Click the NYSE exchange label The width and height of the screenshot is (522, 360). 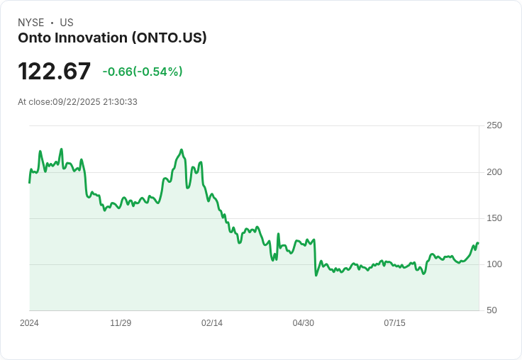pyautogui.click(x=31, y=23)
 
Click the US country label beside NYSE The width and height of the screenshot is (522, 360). pyautogui.click(x=67, y=23)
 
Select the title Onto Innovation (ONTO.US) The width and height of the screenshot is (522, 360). pyautogui.click(x=112, y=38)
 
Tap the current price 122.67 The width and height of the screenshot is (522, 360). pyautogui.click(x=55, y=72)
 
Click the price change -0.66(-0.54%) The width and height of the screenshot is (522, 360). pyautogui.click(x=142, y=72)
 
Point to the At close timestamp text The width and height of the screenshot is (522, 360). pyautogui.click(x=77, y=102)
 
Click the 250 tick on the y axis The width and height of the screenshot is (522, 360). pyautogui.click(x=494, y=125)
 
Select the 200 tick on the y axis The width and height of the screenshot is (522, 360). pyautogui.click(x=494, y=172)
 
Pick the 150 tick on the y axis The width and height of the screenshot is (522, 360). pyautogui.click(x=494, y=218)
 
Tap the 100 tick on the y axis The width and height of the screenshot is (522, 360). pyautogui.click(x=494, y=264)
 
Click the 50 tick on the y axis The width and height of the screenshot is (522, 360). pyautogui.click(x=492, y=310)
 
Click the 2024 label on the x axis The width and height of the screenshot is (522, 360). pyautogui.click(x=29, y=323)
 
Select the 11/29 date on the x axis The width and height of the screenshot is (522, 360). pyautogui.click(x=121, y=323)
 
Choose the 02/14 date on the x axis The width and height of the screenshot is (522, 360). pyautogui.click(x=212, y=323)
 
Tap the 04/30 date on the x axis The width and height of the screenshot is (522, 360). pyautogui.click(x=304, y=323)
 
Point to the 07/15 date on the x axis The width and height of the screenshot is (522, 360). pyautogui.click(x=394, y=323)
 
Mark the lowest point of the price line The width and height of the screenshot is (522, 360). pyautogui.click(x=316, y=275)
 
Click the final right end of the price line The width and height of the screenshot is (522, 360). pyautogui.click(x=478, y=243)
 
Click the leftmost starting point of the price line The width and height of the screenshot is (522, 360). pyautogui.click(x=29, y=183)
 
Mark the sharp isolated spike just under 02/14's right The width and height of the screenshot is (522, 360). pyautogui.click(x=278, y=234)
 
